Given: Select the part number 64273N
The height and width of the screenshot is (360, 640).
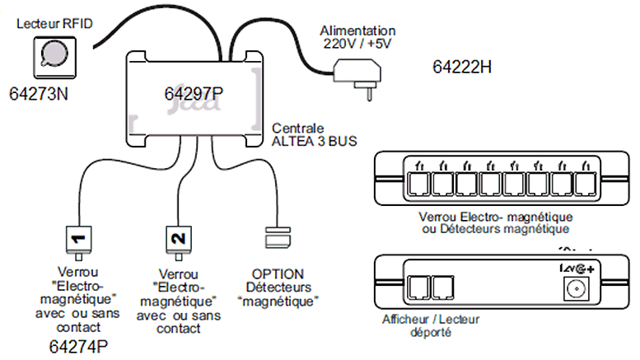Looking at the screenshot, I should pos(40,94).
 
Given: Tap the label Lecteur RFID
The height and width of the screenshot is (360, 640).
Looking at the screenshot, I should pos(54,24).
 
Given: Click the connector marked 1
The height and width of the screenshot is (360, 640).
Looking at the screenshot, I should pos(80,241).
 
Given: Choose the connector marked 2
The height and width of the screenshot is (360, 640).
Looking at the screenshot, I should pos(175,241).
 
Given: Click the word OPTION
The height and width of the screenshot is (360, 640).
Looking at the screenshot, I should pos(278,273).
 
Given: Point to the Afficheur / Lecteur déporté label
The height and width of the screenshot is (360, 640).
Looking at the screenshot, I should pos(431,325).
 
